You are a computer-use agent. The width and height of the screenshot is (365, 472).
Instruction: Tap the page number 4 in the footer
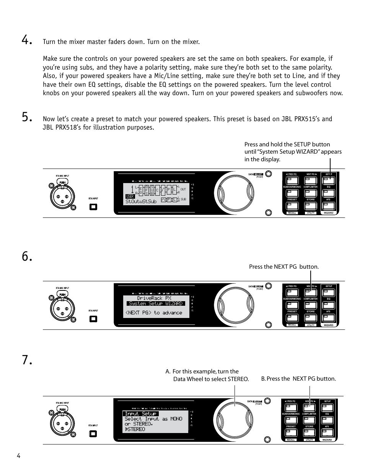[x=18, y=456]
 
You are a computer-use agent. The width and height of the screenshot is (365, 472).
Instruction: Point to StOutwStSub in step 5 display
[x=141, y=201]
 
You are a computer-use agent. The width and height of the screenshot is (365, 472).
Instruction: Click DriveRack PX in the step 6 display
[x=154, y=298]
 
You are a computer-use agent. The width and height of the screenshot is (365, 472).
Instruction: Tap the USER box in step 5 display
[x=130, y=196]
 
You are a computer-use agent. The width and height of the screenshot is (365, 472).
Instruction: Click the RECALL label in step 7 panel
[x=291, y=440]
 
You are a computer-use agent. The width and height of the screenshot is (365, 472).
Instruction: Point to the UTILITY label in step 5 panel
[x=311, y=213]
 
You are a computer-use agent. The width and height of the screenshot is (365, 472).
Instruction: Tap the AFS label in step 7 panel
[x=327, y=426]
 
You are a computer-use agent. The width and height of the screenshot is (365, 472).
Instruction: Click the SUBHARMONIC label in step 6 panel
[x=292, y=299]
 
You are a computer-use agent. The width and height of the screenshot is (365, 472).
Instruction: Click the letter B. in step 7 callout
[x=263, y=379]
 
